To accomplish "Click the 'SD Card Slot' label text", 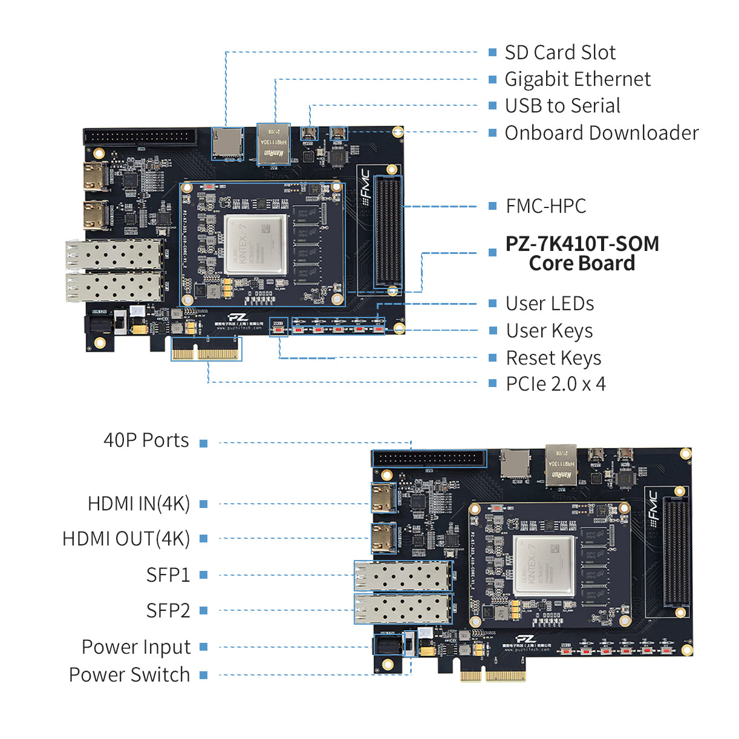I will pos(559,53).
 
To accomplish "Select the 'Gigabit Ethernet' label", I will pos(577,79).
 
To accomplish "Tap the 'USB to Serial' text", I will pos(562,106).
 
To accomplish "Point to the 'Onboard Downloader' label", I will pos(601,133).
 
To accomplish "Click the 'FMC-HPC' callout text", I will pos(545,206).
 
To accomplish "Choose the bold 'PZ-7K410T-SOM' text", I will pos(582,244).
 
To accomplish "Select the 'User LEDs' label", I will pos(549,304).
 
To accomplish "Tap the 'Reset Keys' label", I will pos(553,358).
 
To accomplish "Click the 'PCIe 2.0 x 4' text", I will pos(555,384).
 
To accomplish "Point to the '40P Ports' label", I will pos(146,440).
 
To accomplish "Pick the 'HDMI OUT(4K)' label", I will pos(126,539).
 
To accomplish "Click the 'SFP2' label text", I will pos(168,611).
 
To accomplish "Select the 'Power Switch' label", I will pos(129,675).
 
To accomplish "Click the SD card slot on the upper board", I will pos(227,144).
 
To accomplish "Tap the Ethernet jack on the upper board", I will pos(273,144).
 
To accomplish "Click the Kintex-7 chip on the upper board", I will pos(255,244).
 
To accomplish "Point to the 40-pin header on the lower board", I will pos(429,458).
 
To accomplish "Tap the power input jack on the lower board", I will pos(387,645).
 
